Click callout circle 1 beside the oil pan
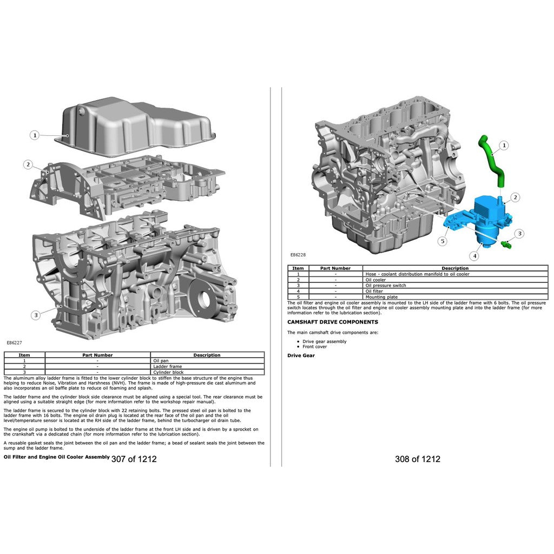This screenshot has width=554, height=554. coord(35,135)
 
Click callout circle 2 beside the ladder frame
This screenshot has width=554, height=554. coord(28,164)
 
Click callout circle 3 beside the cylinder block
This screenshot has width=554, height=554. coord(36,315)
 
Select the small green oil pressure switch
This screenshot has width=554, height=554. coord(506,243)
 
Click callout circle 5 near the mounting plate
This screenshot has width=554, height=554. coord(443,241)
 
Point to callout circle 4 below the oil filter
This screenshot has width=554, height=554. coord(474,256)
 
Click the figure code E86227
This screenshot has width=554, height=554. coord(14,342)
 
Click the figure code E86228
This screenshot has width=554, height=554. coord(298,254)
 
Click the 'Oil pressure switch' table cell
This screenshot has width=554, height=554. coord(385,286)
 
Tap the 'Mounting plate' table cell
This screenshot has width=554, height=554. coord(381,297)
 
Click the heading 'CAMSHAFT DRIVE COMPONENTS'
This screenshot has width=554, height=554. coord(333,322)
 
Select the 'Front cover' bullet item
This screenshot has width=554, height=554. coord(314,347)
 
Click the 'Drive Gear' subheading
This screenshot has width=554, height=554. coord(301,355)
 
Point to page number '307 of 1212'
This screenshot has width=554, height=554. coord(134,459)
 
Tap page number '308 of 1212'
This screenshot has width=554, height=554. coord(418,459)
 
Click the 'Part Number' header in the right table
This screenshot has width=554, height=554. coord(335,268)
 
